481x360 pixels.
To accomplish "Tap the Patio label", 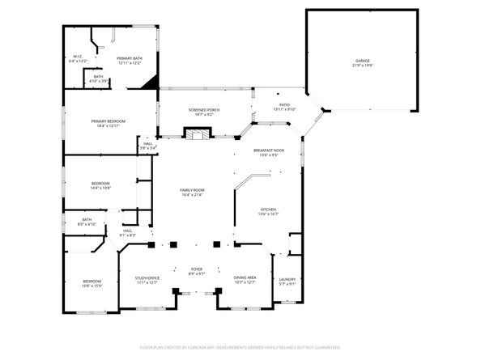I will pyautogui.click(x=284, y=106).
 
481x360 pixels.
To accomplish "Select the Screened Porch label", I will pyautogui.click(x=204, y=112).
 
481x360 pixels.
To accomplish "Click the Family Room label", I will pyautogui.click(x=192, y=192).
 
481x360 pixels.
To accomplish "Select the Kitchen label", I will pyautogui.click(x=268, y=211).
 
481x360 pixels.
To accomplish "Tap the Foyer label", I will pyautogui.click(x=196, y=270).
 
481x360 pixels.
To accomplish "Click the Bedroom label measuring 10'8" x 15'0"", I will pyautogui.click(x=92, y=283).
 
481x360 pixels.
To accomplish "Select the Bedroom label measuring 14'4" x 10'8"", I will pyautogui.click(x=100, y=185).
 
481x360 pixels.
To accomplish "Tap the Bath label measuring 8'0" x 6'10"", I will pyautogui.click(x=87, y=222).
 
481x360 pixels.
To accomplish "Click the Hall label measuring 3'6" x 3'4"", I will pyautogui.click(x=147, y=146).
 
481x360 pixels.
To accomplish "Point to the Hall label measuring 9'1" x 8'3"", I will pyautogui.click(x=128, y=233).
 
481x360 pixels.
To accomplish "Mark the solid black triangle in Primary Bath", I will pyautogui.click(x=149, y=82).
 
